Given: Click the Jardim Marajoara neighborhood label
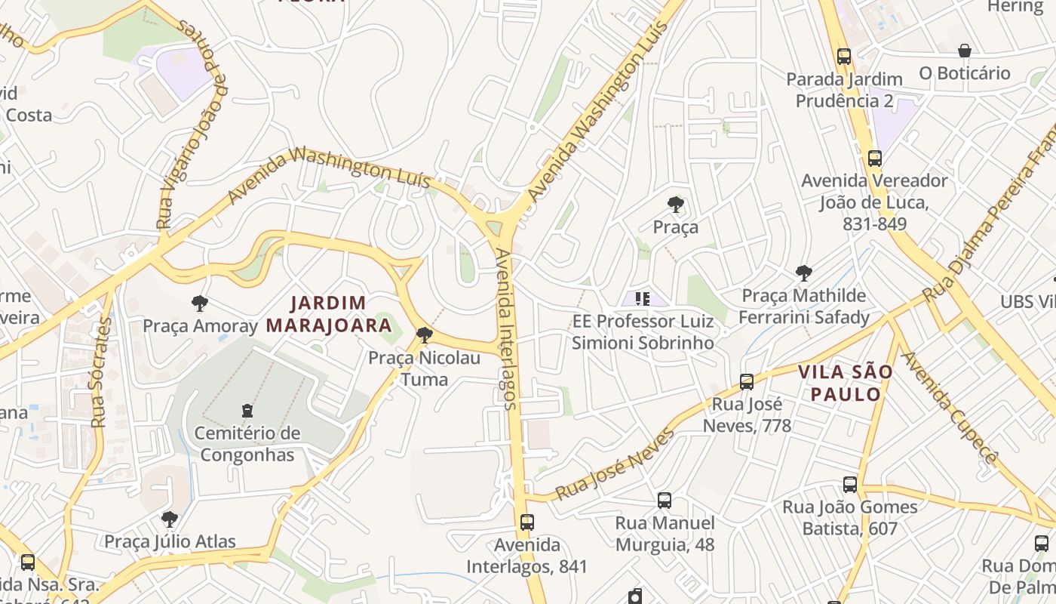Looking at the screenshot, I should (328, 314).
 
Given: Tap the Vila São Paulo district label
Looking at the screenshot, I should (845, 383).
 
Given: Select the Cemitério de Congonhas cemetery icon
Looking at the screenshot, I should (247, 411).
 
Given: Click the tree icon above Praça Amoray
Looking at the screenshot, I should (200, 304).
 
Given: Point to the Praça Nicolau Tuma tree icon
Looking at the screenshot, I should (425, 334).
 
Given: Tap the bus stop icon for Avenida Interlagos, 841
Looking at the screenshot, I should (526, 522).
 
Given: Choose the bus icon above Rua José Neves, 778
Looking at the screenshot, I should (747, 382).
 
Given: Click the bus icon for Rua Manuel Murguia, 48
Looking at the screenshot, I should (664, 500).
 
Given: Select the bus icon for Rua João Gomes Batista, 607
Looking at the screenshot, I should (849, 484).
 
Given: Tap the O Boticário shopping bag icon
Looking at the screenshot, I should (964, 51).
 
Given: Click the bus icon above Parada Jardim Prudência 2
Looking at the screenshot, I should (843, 56).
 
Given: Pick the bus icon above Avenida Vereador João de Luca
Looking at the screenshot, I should (874, 159).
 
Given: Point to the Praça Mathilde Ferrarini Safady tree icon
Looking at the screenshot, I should (804, 273).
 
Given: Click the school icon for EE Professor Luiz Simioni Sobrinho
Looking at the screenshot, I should (642, 299).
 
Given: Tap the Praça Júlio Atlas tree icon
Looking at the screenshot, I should (170, 519).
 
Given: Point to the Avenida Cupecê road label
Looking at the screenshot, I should (950, 408).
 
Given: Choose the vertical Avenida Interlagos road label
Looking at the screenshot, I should (507, 329).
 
